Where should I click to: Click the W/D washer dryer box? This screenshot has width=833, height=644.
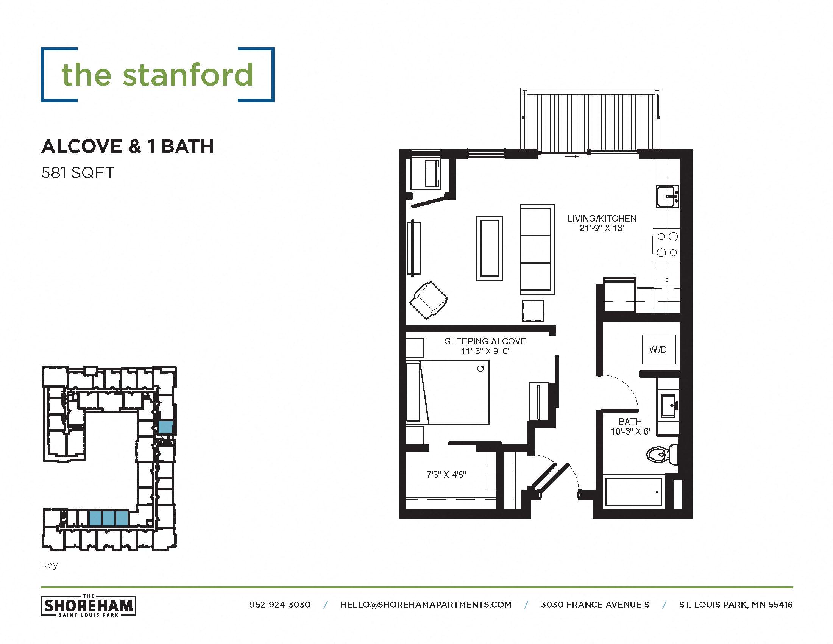pos(659,349)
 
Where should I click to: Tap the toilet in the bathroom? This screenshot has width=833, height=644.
pos(661,454)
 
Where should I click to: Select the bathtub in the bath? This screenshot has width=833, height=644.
pos(633,492)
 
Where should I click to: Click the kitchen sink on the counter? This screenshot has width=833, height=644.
pos(667,196)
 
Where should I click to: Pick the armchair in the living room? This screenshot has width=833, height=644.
pos(429,300)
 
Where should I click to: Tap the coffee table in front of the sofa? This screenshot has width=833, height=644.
pos(489,248)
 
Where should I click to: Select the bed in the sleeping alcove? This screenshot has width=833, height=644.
pos(448,392)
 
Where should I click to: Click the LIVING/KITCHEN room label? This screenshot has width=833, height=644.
pos(602,219)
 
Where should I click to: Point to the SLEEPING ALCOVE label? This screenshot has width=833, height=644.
pos(485,341)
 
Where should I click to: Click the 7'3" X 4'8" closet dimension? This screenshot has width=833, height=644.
pos(446,475)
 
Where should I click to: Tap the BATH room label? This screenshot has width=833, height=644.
pos(630,422)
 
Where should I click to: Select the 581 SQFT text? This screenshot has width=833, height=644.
pos(78,173)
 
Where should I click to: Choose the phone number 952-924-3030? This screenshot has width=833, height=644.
pos(280,605)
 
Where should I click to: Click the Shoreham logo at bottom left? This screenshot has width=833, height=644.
pos(89,605)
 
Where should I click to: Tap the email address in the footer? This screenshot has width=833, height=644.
pos(426,605)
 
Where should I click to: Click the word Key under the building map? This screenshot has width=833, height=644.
pos(50,565)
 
